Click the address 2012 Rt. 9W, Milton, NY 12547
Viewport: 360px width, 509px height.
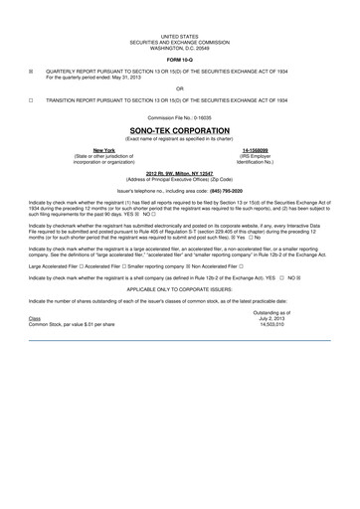click(180, 173)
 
